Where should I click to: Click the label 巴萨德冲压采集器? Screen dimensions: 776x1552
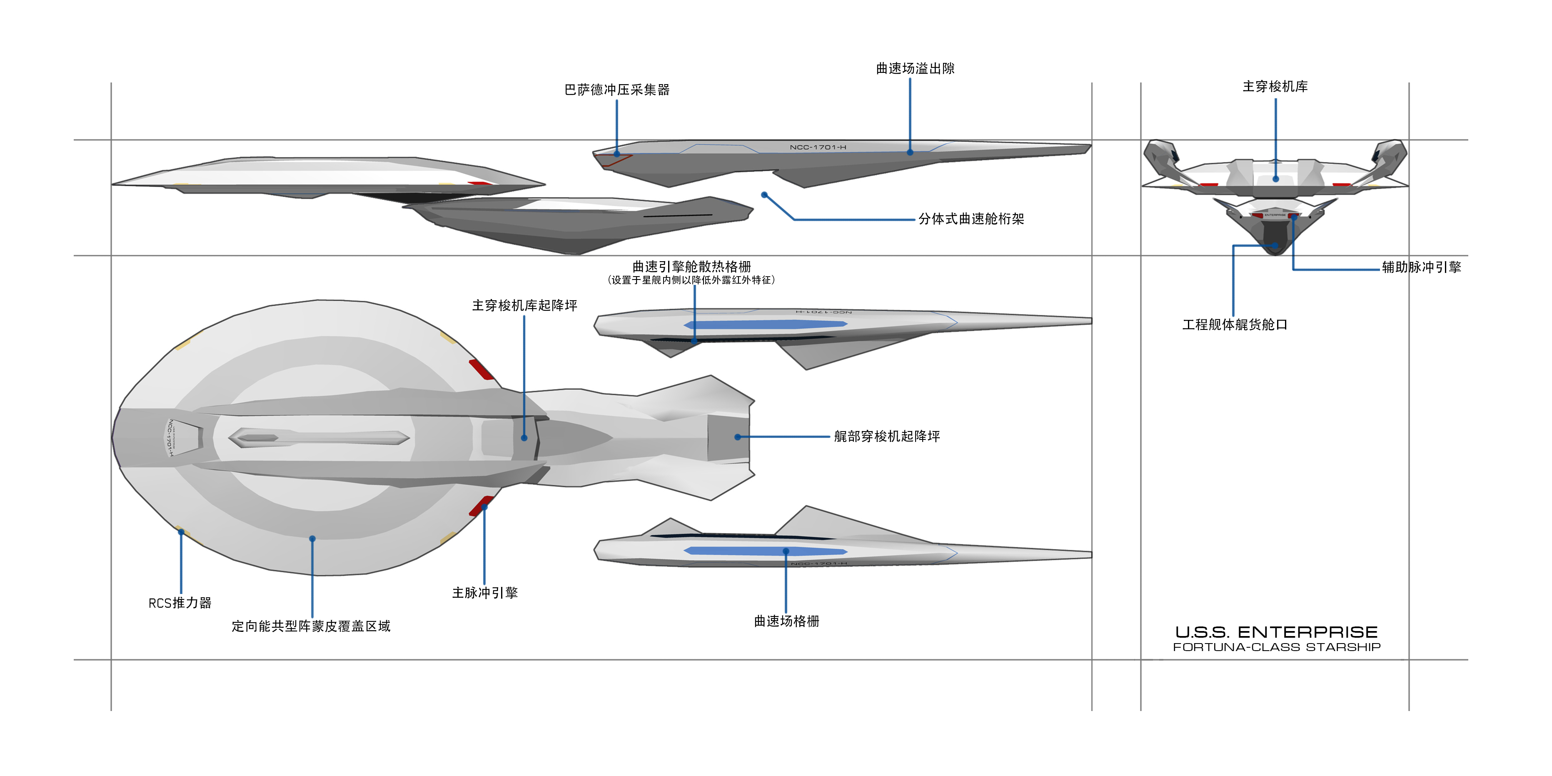[616, 90]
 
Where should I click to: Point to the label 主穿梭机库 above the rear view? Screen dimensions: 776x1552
[1275, 87]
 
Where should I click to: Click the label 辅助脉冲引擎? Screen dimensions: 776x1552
[1421, 267]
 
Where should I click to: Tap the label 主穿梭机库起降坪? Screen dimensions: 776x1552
[524, 305]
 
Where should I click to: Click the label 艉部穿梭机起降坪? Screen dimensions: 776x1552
[886, 436]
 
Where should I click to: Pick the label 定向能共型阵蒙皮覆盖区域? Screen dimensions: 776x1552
[311, 626]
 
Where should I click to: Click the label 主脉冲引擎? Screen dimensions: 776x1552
[484, 593]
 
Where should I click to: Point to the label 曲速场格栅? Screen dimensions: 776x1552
[786, 621]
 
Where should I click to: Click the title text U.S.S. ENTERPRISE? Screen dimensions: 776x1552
[1276, 632]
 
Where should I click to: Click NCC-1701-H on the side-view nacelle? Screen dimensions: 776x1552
[818, 147]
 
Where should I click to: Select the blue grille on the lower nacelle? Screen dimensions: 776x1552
[765, 551]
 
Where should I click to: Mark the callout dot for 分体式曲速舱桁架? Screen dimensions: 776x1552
[764, 195]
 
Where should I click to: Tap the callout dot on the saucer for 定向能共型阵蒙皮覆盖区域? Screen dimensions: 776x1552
[312, 539]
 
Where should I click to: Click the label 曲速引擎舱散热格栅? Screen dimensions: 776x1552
[691, 266]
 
